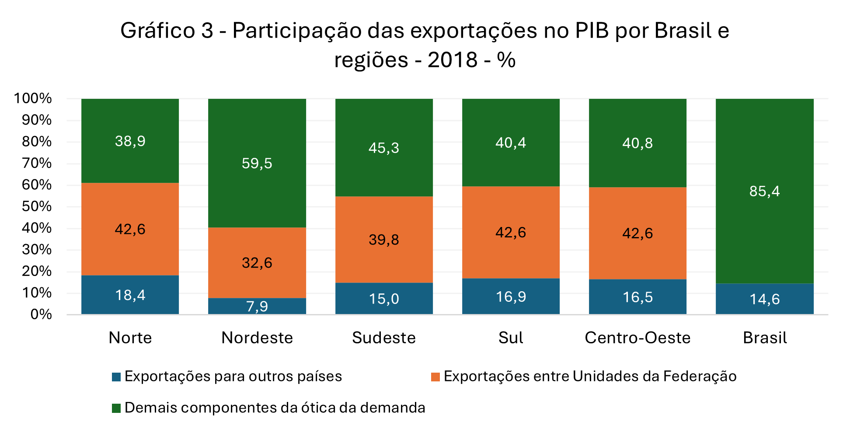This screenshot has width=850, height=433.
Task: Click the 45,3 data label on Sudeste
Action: (383, 148)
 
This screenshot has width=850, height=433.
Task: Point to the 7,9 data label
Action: (257, 306)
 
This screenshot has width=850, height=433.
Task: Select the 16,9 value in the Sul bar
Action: (510, 297)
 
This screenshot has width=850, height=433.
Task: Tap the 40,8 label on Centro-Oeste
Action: (637, 143)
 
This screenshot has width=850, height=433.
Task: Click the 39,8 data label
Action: (383, 240)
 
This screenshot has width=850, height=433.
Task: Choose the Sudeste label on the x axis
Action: (383, 338)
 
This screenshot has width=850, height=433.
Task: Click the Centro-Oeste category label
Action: (637, 338)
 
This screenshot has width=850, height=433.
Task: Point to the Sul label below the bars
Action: (510, 338)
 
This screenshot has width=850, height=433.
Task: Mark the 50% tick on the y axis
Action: (37, 206)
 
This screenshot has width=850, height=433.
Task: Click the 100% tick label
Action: (33, 98)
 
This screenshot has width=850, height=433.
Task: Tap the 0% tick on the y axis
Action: (41, 314)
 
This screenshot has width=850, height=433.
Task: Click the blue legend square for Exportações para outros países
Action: (116, 377)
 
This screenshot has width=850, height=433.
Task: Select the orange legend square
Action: (435, 377)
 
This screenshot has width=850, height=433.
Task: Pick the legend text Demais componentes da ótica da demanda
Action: (275, 408)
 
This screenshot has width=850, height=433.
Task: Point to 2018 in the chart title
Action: (452, 60)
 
